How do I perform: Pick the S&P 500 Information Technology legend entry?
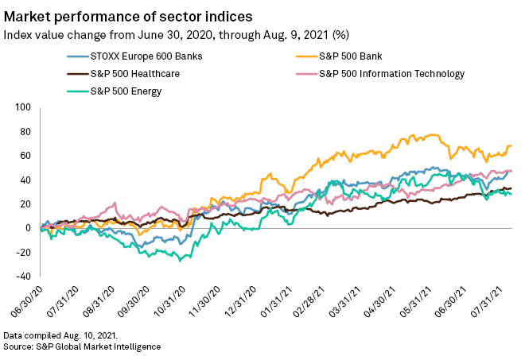pyautogui.click(x=391, y=75)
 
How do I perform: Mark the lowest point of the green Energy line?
pyautogui.click(x=181, y=260)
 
